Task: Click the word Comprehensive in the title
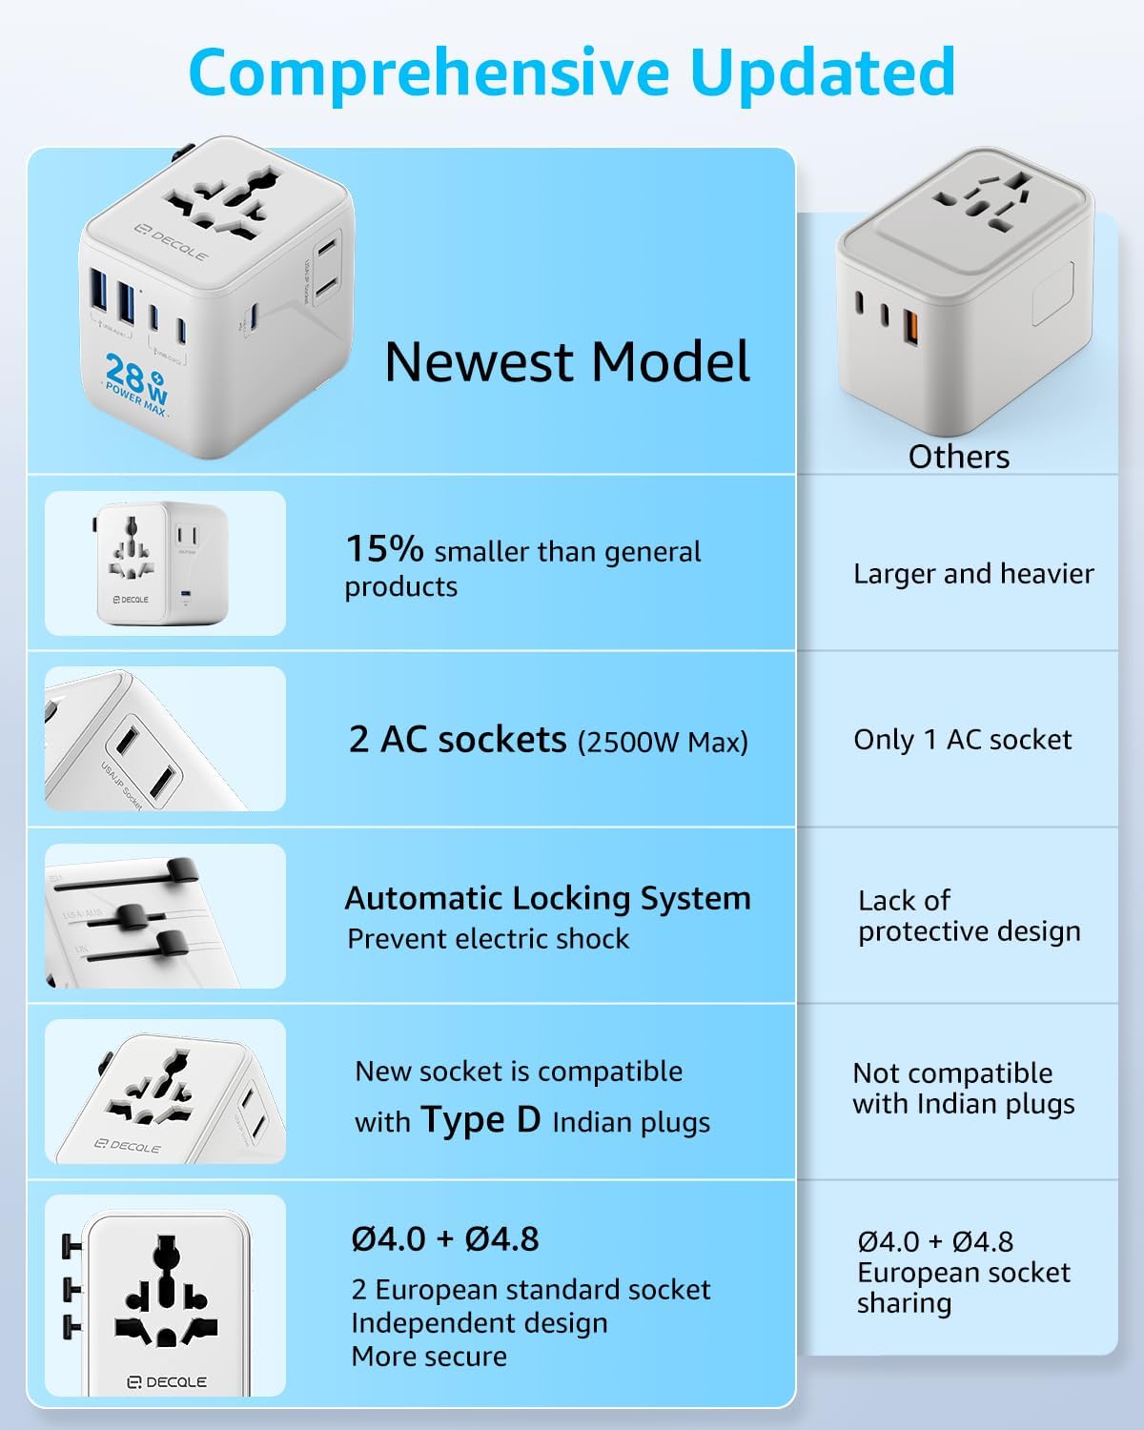[x=429, y=74]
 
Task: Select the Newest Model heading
[x=567, y=362]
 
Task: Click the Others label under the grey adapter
[x=958, y=458]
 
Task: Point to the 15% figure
[x=384, y=549]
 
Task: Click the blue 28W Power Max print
[x=137, y=385]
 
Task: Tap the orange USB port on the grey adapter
[x=910, y=327]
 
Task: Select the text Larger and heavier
[x=973, y=574]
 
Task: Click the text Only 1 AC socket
[x=963, y=740]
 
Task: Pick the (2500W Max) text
[x=663, y=743]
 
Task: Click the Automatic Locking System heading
[x=548, y=899]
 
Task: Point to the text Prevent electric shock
[x=488, y=939]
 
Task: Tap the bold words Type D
[x=481, y=1119]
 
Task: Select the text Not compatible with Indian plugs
[x=963, y=1089]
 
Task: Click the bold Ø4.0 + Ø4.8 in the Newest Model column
[x=445, y=1239]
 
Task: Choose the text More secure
[x=429, y=1357]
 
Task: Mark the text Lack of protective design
[x=969, y=916]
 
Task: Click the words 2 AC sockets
[x=458, y=740]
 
